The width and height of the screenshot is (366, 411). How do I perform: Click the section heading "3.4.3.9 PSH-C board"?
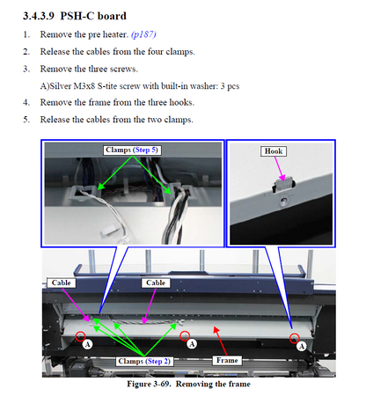pyautogui.click(x=75, y=16)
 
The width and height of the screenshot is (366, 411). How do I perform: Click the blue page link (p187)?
pyautogui.click(x=143, y=34)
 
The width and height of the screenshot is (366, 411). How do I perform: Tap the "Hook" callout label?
pyautogui.click(x=274, y=151)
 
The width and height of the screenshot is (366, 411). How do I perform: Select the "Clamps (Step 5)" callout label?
pyautogui.click(x=132, y=150)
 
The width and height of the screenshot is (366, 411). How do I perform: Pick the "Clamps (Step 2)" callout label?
pyautogui.click(x=144, y=361)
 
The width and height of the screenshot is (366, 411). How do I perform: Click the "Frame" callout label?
pyautogui.click(x=227, y=360)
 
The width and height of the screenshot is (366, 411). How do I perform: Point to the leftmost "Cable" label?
pyautogui.click(x=62, y=283)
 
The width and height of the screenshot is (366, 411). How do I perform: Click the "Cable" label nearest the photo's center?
pyautogui.click(x=156, y=283)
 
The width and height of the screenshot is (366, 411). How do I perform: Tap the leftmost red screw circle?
pyautogui.click(x=80, y=336)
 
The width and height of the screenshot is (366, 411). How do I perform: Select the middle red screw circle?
pyautogui.click(x=185, y=335)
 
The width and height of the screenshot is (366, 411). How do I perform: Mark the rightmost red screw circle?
pyautogui.click(x=294, y=338)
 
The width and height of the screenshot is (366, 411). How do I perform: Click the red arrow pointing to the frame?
pyautogui.click(x=221, y=341)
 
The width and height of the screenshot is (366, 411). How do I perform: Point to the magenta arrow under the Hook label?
pyautogui.click(x=280, y=169)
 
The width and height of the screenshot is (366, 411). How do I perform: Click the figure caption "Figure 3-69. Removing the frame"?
pyautogui.click(x=188, y=384)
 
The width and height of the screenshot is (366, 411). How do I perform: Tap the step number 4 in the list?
pyautogui.click(x=26, y=102)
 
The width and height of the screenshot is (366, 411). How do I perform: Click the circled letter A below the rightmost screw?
pyautogui.click(x=302, y=347)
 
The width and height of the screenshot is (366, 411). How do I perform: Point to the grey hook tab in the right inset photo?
pyautogui.click(x=284, y=184)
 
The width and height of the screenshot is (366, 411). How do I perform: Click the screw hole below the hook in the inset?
pyautogui.click(x=283, y=202)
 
